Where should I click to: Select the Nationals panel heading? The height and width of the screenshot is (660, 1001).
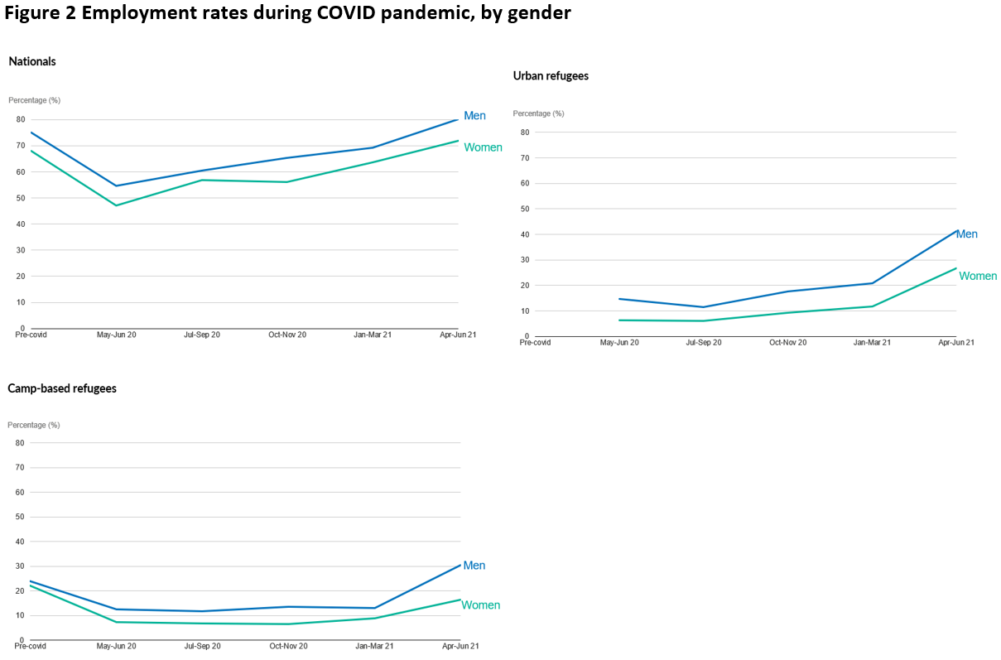pos(32,61)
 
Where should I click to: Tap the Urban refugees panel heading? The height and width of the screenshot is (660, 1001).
pos(551,75)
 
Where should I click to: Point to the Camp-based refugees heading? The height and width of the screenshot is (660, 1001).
pos(62,388)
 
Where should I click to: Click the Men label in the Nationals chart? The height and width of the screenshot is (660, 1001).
pos(474,116)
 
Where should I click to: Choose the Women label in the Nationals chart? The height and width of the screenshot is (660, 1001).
pos(483,147)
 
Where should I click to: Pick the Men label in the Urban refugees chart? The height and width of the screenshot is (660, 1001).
pos(966,234)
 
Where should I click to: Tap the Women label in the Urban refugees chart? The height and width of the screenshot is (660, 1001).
pos(978,276)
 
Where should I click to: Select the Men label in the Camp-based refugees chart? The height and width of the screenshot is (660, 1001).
pos(474,566)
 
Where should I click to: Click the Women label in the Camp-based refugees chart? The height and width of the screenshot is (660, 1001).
pos(480,605)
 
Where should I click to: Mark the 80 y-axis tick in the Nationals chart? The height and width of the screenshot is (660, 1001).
pos(20,120)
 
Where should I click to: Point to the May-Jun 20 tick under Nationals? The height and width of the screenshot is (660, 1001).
pos(116,335)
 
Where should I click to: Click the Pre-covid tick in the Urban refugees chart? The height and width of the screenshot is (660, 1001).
pos(535,342)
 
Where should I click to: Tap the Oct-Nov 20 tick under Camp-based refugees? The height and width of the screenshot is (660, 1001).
pos(287,646)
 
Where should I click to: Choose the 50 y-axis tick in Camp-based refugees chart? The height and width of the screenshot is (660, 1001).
pos(20,517)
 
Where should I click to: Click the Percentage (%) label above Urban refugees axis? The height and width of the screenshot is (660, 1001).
pos(538,113)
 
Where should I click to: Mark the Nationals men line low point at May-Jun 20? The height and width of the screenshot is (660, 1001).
pos(116,185)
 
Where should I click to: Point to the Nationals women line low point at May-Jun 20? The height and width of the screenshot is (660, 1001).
pos(116,205)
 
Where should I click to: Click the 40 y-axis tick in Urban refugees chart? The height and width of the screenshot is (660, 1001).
pos(525,234)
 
